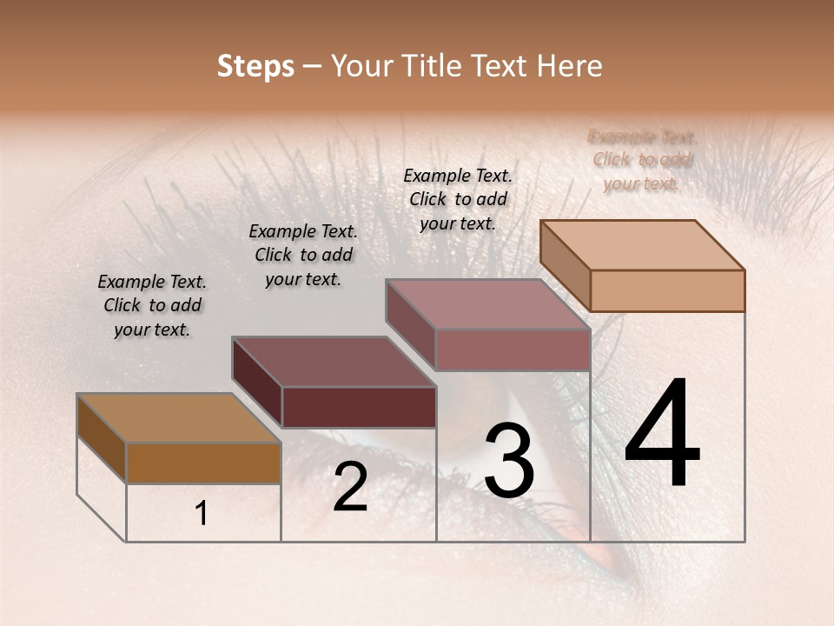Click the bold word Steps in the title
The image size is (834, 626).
pos(255,66)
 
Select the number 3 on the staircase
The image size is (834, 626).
pos(508,460)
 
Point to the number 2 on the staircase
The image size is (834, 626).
pos(350,487)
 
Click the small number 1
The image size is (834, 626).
pos(202,514)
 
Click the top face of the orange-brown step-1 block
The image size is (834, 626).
pos(179,418)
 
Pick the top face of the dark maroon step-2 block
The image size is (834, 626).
pos(334,362)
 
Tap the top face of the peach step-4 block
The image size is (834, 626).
pos(643,245)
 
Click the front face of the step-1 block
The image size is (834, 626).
pos(203,463)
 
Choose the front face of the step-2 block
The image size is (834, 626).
pos(359,407)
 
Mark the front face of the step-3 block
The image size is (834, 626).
pos(513,350)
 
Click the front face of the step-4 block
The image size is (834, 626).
pos(667,290)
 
